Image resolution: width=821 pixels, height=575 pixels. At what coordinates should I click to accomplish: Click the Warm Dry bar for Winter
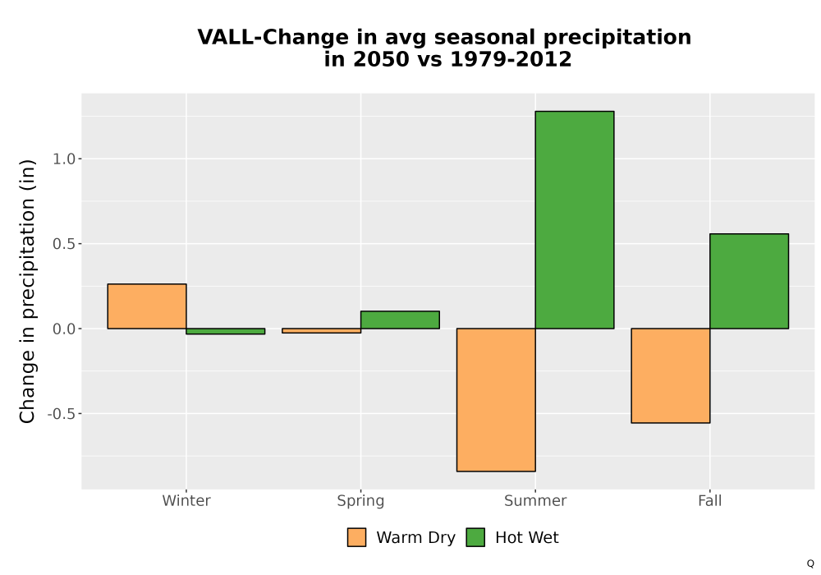[147, 306]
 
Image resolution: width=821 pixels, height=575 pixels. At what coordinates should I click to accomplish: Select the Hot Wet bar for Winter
[226, 331]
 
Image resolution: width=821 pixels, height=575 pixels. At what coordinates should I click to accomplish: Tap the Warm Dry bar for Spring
[322, 330]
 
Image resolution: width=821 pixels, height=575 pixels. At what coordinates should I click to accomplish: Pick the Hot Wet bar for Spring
[400, 320]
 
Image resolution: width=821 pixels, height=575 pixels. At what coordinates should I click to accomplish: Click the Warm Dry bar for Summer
[496, 400]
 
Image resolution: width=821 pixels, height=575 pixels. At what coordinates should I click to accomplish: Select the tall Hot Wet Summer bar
[575, 220]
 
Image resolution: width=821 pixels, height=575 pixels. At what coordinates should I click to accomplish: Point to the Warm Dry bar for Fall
[671, 375]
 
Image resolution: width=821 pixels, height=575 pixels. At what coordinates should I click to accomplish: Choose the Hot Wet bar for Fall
[750, 281]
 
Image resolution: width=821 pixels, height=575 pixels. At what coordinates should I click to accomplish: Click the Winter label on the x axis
[186, 501]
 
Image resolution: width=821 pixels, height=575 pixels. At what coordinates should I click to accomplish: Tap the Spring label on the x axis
[360, 501]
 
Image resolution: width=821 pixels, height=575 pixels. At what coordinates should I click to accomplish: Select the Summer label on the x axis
[535, 501]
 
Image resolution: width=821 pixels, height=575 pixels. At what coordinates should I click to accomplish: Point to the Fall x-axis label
[710, 501]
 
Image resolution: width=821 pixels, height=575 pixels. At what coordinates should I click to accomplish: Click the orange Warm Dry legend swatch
[356, 537]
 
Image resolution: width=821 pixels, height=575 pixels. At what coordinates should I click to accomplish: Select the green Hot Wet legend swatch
[475, 537]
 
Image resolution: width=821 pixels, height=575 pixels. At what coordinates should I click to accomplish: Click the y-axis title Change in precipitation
[27, 291]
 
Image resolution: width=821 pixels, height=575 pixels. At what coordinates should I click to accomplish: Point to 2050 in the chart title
[381, 59]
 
